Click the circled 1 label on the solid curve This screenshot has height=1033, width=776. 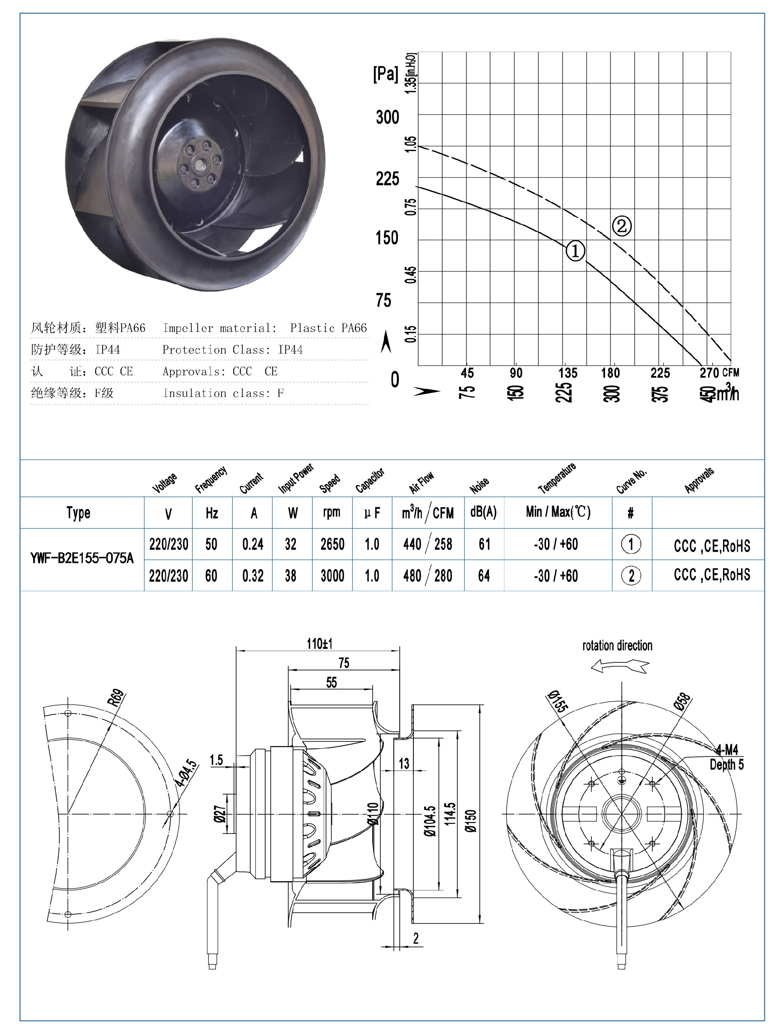[575, 251]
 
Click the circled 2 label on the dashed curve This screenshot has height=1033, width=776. [621, 226]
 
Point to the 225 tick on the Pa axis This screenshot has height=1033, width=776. [387, 178]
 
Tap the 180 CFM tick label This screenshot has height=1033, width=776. [610, 373]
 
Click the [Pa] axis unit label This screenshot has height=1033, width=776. [385, 74]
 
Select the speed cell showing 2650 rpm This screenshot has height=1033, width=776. [332, 544]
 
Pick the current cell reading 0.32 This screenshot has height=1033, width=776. [253, 575]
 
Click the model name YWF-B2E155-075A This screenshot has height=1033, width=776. [82, 558]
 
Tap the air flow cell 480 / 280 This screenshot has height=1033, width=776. [427, 575]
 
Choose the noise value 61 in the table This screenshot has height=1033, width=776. [484, 544]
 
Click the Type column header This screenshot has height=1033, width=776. [78, 513]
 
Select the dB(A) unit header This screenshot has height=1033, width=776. [483, 512]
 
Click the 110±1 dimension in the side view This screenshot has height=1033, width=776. [319, 644]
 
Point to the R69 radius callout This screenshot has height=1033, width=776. [116, 698]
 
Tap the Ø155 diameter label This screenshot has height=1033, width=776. [557, 702]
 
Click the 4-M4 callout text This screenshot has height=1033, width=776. [727, 750]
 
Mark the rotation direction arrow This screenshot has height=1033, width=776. [620, 666]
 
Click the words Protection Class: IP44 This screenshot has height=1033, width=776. [232, 349]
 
